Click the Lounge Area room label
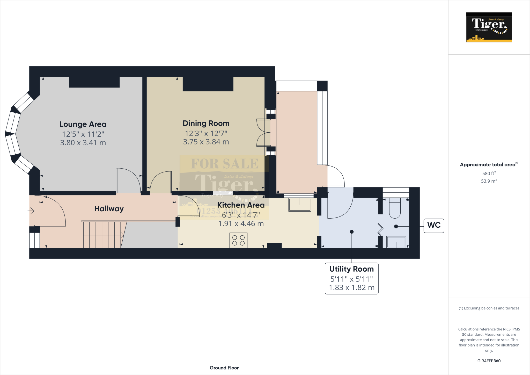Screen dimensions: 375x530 (83, 124)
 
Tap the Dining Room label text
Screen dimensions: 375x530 (206, 123)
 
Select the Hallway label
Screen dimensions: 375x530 (109, 209)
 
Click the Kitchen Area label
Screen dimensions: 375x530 (241, 205)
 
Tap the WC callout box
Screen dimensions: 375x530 (434, 225)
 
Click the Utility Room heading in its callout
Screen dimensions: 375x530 (351, 269)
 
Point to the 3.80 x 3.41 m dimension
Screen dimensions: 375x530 (83, 143)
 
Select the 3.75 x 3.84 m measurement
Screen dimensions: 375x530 (206, 142)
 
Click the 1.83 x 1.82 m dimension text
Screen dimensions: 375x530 (351, 287)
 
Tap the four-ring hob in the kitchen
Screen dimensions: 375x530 (238, 240)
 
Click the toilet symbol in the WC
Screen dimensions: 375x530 (395, 208)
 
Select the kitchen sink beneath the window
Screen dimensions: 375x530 (300, 205)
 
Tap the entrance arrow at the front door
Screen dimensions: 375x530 (31, 211)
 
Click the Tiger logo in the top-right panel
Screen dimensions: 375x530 (489, 27)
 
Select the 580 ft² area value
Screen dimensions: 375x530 (489, 174)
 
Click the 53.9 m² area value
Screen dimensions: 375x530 (489, 181)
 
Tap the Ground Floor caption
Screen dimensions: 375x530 (224, 368)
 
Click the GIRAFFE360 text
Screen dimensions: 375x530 (489, 361)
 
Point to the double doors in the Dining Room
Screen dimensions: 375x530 (263, 133)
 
